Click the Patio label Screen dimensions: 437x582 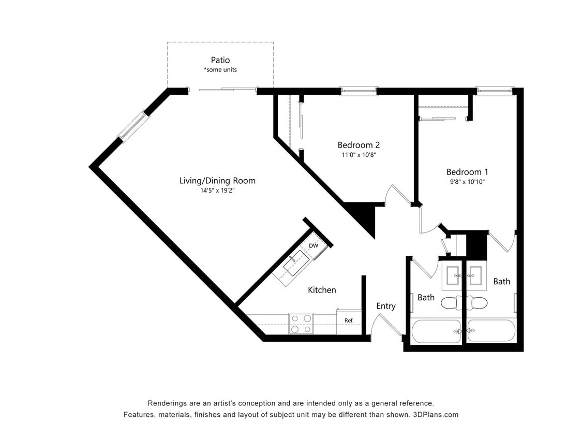click(220, 60)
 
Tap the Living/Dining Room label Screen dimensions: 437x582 click(217, 181)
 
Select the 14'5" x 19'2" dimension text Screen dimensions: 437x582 click(217, 190)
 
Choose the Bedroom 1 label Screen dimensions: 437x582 click(467, 172)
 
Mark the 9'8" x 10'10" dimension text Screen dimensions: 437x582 click(467, 181)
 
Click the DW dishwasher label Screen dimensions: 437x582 click(314, 245)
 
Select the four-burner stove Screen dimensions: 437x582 click(301, 323)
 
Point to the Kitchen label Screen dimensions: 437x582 click(322, 290)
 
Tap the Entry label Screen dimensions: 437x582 click(385, 306)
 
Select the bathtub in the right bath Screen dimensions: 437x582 click(491, 331)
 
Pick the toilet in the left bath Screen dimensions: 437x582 click(453, 303)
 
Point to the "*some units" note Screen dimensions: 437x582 click(220, 70)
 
